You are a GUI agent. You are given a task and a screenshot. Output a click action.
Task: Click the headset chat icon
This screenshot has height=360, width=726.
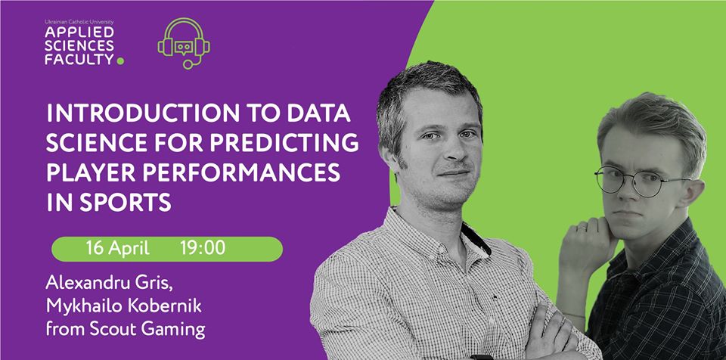184,44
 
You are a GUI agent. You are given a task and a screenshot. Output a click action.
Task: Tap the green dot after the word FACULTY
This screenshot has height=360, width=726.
120,61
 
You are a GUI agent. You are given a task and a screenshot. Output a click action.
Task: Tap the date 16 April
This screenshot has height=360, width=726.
117,248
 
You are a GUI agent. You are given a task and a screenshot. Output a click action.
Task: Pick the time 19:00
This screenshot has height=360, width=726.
203,248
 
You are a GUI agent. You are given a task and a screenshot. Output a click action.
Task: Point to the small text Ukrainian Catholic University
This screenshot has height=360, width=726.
79,22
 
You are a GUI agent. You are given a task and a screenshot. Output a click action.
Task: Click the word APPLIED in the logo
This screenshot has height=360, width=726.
79,33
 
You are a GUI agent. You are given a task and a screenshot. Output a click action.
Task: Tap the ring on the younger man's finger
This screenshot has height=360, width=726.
582,227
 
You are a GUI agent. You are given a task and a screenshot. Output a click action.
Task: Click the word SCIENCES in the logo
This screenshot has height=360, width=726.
79,45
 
